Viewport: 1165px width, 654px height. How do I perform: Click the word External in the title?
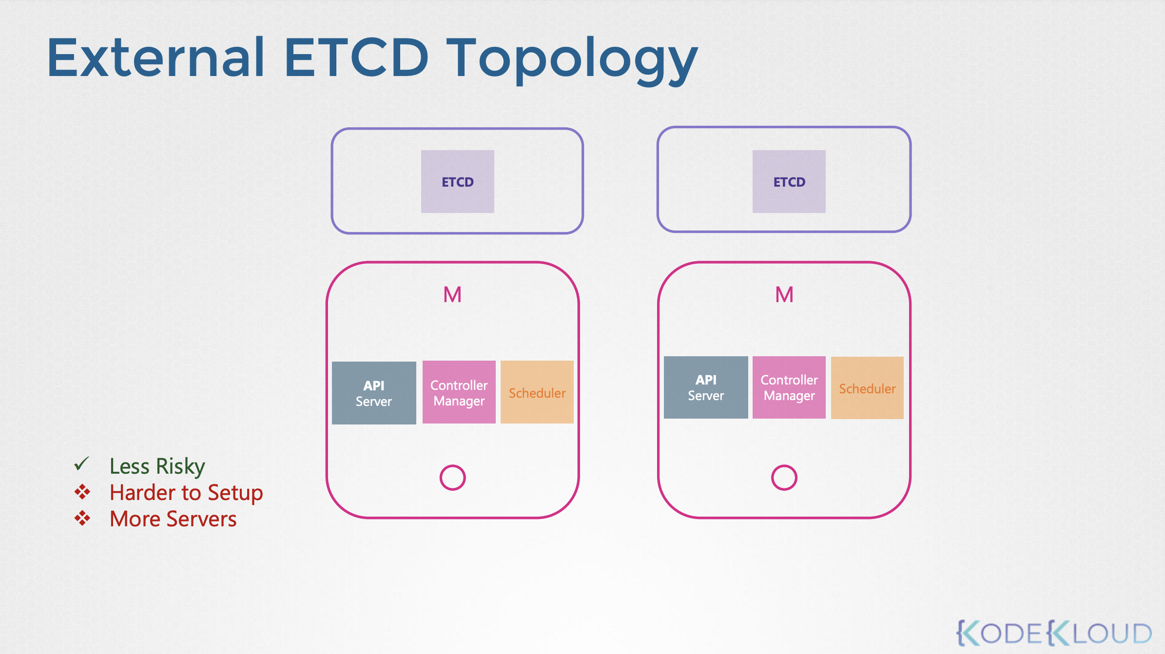click(x=156, y=58)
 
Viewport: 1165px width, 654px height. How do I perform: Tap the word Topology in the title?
click(x=572, y=61)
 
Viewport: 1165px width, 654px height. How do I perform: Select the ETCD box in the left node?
click(x=458, y=181)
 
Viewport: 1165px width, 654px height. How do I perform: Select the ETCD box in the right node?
click(x=789, y=181)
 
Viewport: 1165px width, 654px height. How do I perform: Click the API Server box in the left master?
click(x=374, y=393)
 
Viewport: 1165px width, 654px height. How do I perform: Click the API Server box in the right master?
click(x=706, y=387)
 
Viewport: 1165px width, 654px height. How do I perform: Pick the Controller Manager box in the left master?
click(x=459, y=392)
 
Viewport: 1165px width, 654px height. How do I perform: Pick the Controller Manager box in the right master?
click(x=789, y=387)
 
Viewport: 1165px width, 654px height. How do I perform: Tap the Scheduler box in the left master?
click(x=537, y=392)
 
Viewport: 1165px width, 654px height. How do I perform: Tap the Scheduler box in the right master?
click(x=867, y=388)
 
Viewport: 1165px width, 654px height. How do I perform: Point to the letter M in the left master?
click(x=452, y=295)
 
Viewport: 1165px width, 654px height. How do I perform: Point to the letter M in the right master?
click(x=784, y=295)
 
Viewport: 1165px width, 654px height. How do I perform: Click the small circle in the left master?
click(x=441, y=478)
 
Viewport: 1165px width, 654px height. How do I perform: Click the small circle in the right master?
click(x=772, y=478)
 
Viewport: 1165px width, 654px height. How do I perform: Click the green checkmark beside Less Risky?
click(x=81, y=464)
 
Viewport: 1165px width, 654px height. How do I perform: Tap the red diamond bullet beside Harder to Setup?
click(x=82, y=492)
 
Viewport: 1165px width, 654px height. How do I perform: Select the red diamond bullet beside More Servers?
click(x=82, y=518)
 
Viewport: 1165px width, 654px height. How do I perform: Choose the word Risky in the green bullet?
click(x=181, y=467)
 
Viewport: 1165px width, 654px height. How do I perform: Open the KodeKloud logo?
click(x=1054, y=633)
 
